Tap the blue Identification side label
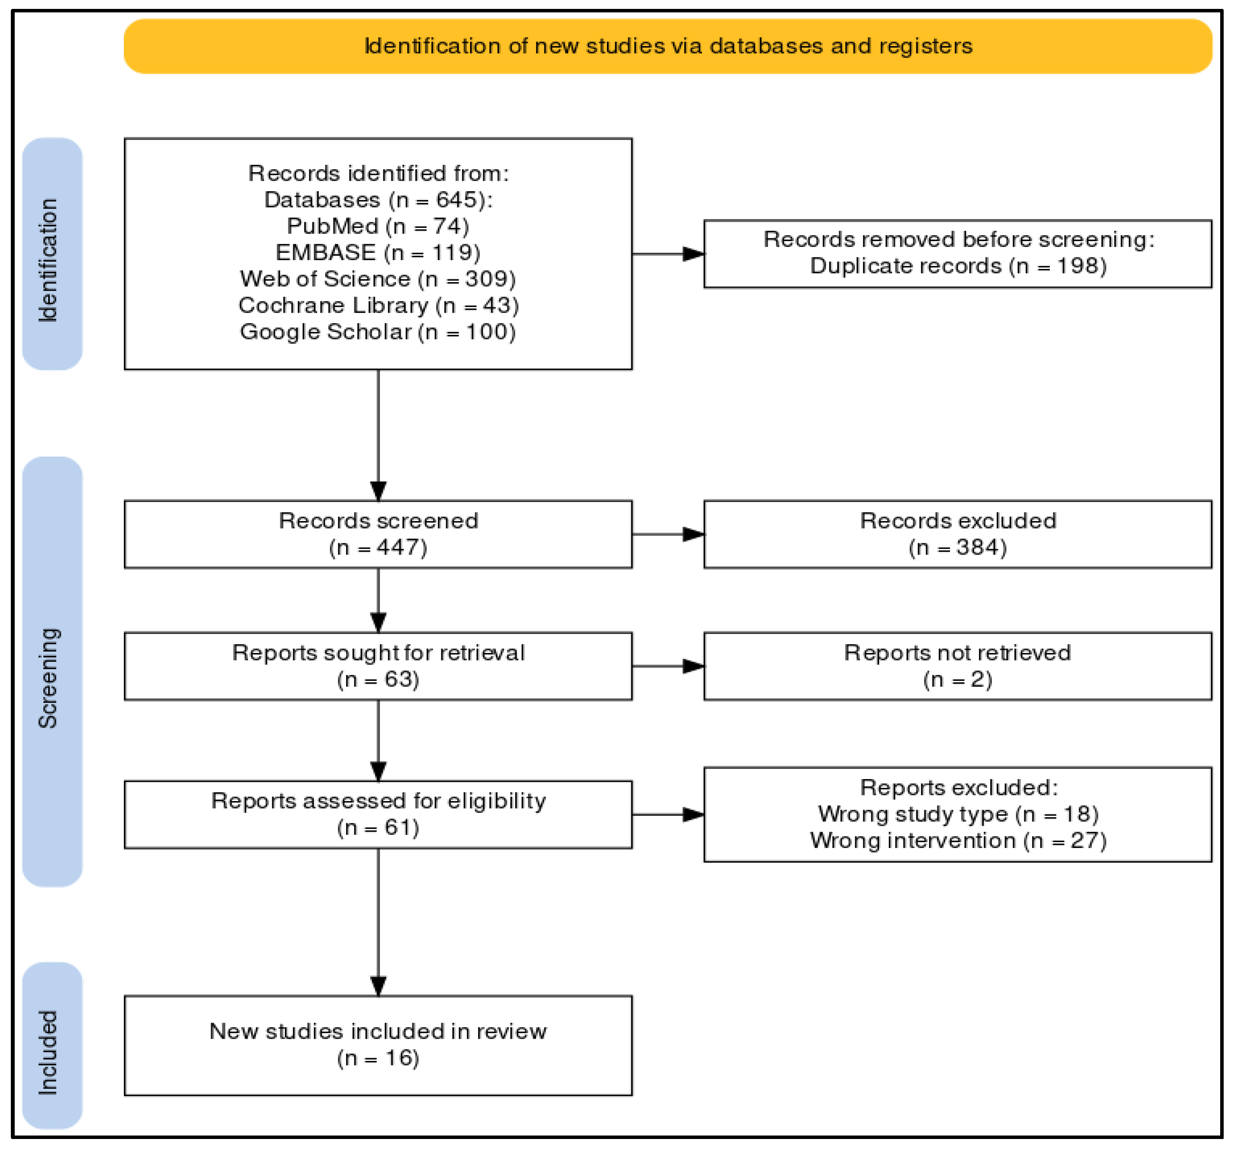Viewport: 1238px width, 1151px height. point(52,253)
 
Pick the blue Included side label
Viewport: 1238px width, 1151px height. point(52,1045)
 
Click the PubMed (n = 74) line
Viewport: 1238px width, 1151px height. point(377,226)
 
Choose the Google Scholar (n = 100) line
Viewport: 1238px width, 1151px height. point(377,331)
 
